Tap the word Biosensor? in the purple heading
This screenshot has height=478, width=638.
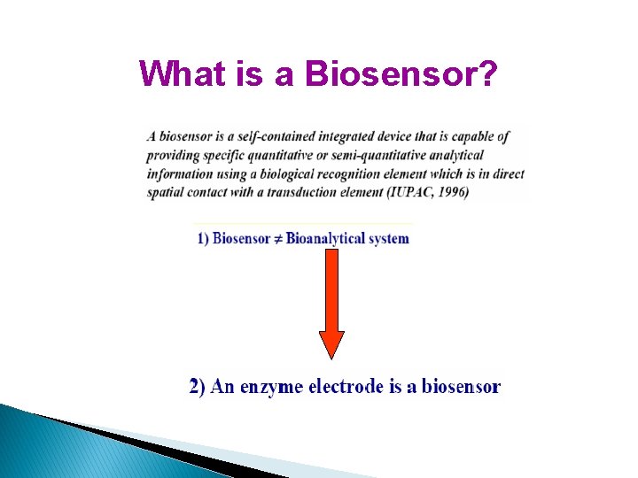(x=401, y=73)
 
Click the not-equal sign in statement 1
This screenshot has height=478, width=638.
(x=277, y=238)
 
